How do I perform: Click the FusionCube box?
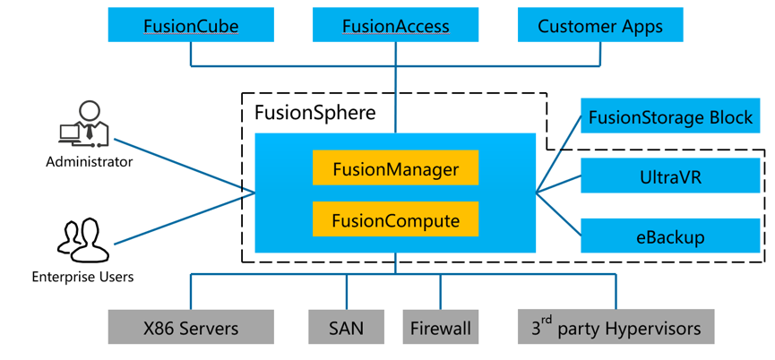click(x=191, y=25)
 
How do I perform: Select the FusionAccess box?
click(x=395, y=25)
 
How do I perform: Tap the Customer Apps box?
click(x=600, y=25)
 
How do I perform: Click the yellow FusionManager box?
click(x=395, y=168)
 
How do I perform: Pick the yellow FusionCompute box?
click(x=395, y=219)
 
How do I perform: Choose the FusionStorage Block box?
click(x=670, y=116)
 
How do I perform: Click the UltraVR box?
click(x=670, y=176)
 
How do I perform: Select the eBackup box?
click(x=670, y=236)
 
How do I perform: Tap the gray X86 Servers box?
click(x=191, y=328)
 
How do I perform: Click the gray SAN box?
click(x=346, y=328)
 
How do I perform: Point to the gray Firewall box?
click(x=440, y=328)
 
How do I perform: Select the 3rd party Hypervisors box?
click(x=616, y=328)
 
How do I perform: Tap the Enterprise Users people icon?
click(x=82, y=240)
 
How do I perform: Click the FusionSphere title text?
click(x=314, y=113)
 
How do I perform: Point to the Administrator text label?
click(x=89, y=162)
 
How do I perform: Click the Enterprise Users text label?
click(x=82, y=277)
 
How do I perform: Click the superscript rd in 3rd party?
click(x=544, y=320)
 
